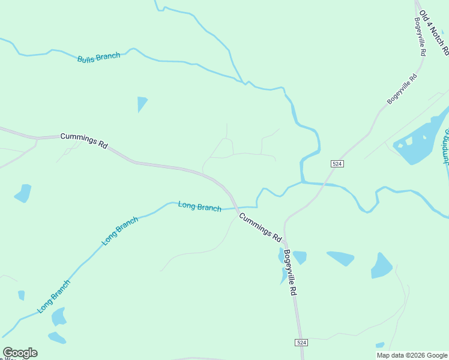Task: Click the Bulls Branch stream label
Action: point(98,58)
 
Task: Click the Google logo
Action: point(20,353)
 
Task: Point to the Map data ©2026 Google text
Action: point(412,355)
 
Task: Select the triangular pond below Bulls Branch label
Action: point(141,103)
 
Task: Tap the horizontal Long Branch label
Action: point(200,206)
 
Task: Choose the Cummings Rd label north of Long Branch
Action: point(84,140)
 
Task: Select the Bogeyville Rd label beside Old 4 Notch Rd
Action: point(420,37)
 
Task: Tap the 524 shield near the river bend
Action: point(337,163)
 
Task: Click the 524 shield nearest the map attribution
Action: point(301,342)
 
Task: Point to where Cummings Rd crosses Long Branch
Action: point(235,208)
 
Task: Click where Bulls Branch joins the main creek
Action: point(244,82)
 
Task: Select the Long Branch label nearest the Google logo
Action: point(54,296)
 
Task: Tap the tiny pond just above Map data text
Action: point(379,345)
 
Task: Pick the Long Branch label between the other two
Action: point(120,231)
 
